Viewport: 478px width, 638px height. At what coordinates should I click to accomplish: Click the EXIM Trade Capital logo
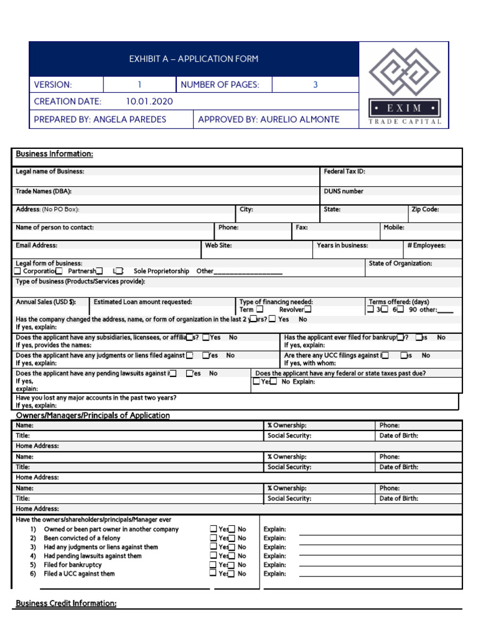tap(405, 85)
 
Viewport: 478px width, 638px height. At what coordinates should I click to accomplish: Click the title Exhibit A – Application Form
tap(194, 59)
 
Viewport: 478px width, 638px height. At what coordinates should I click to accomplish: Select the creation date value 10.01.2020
tap(149, 102)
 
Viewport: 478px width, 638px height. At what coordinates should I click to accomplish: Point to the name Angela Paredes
tap(129, 120)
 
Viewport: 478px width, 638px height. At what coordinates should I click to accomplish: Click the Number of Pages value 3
tap(315, 85)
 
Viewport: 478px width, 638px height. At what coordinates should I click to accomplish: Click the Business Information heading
tap(55, 154)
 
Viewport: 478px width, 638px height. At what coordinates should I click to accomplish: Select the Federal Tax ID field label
tap(344, 171)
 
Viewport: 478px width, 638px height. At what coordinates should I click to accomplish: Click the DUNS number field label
tap(344, 191)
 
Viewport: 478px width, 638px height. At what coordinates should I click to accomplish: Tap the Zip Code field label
tap(425, 210)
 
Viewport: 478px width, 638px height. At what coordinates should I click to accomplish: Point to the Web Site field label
tap(218, 245)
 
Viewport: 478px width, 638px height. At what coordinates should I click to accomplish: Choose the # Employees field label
tap(426, 245)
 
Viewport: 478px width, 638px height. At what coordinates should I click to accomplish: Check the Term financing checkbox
tap(260, 310)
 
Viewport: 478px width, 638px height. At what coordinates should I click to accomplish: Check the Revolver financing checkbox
tap(307, 310)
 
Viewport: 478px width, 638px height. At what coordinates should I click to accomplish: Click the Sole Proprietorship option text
tap(161, 272)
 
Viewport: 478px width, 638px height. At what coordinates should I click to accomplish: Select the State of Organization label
tap(400, 264)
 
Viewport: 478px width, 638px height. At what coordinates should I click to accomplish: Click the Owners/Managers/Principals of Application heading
tap(93, 416)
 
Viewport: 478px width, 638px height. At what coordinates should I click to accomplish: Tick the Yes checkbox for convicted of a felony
tap(214, 538)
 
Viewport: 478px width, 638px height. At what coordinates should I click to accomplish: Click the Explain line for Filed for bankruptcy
tap(380, 565)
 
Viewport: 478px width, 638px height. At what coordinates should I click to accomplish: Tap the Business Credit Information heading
tap(66, 604)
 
